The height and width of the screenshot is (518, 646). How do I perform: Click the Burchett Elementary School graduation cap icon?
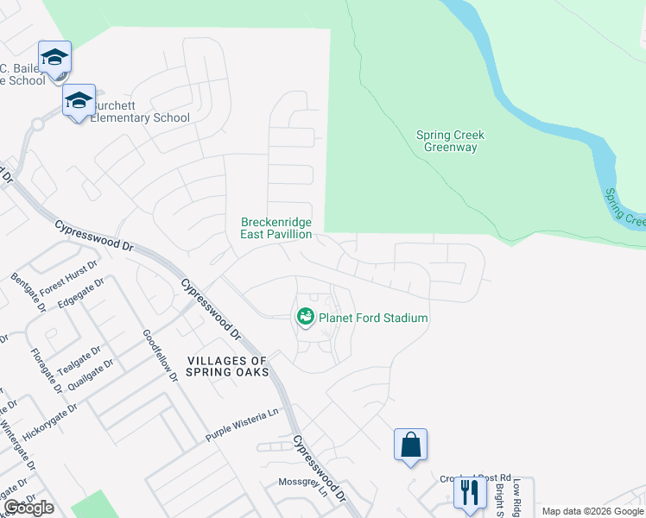[79, 100]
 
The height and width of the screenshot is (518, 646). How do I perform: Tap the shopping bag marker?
[411, 445]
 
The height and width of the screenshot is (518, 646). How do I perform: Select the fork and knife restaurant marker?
[470, 491]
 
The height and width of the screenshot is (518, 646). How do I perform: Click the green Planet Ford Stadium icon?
[305, 318]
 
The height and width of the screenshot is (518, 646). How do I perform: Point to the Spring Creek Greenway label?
[450, 141]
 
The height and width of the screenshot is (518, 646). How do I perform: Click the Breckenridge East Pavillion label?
[276, 227]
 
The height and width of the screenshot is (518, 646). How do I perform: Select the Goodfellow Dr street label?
[161, 355]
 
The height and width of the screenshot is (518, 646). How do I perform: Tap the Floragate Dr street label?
[46, 370]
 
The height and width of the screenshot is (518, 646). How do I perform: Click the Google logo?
[29, 508]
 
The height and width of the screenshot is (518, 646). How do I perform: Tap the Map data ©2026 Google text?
[592, 511]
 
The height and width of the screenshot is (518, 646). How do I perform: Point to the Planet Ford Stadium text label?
[373, 318]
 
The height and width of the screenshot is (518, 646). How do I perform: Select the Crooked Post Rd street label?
[476, 477]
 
